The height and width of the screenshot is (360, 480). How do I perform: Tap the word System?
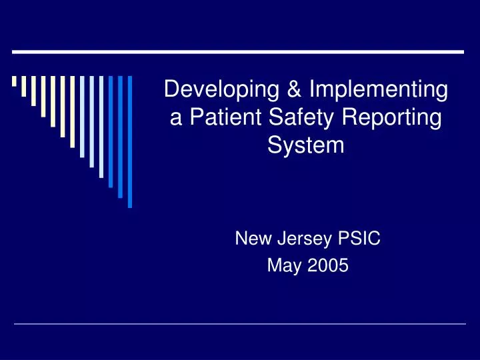[x=306, y=145]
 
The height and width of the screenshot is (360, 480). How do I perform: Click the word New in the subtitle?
[x=250, y=238]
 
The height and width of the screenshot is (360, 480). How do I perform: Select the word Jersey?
[x=299, y=238]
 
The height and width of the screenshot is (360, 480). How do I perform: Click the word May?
[x=281, y=265]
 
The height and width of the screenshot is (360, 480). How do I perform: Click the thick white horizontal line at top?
[x=239, y=51]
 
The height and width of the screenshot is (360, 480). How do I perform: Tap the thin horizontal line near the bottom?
[x=240, y=324]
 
